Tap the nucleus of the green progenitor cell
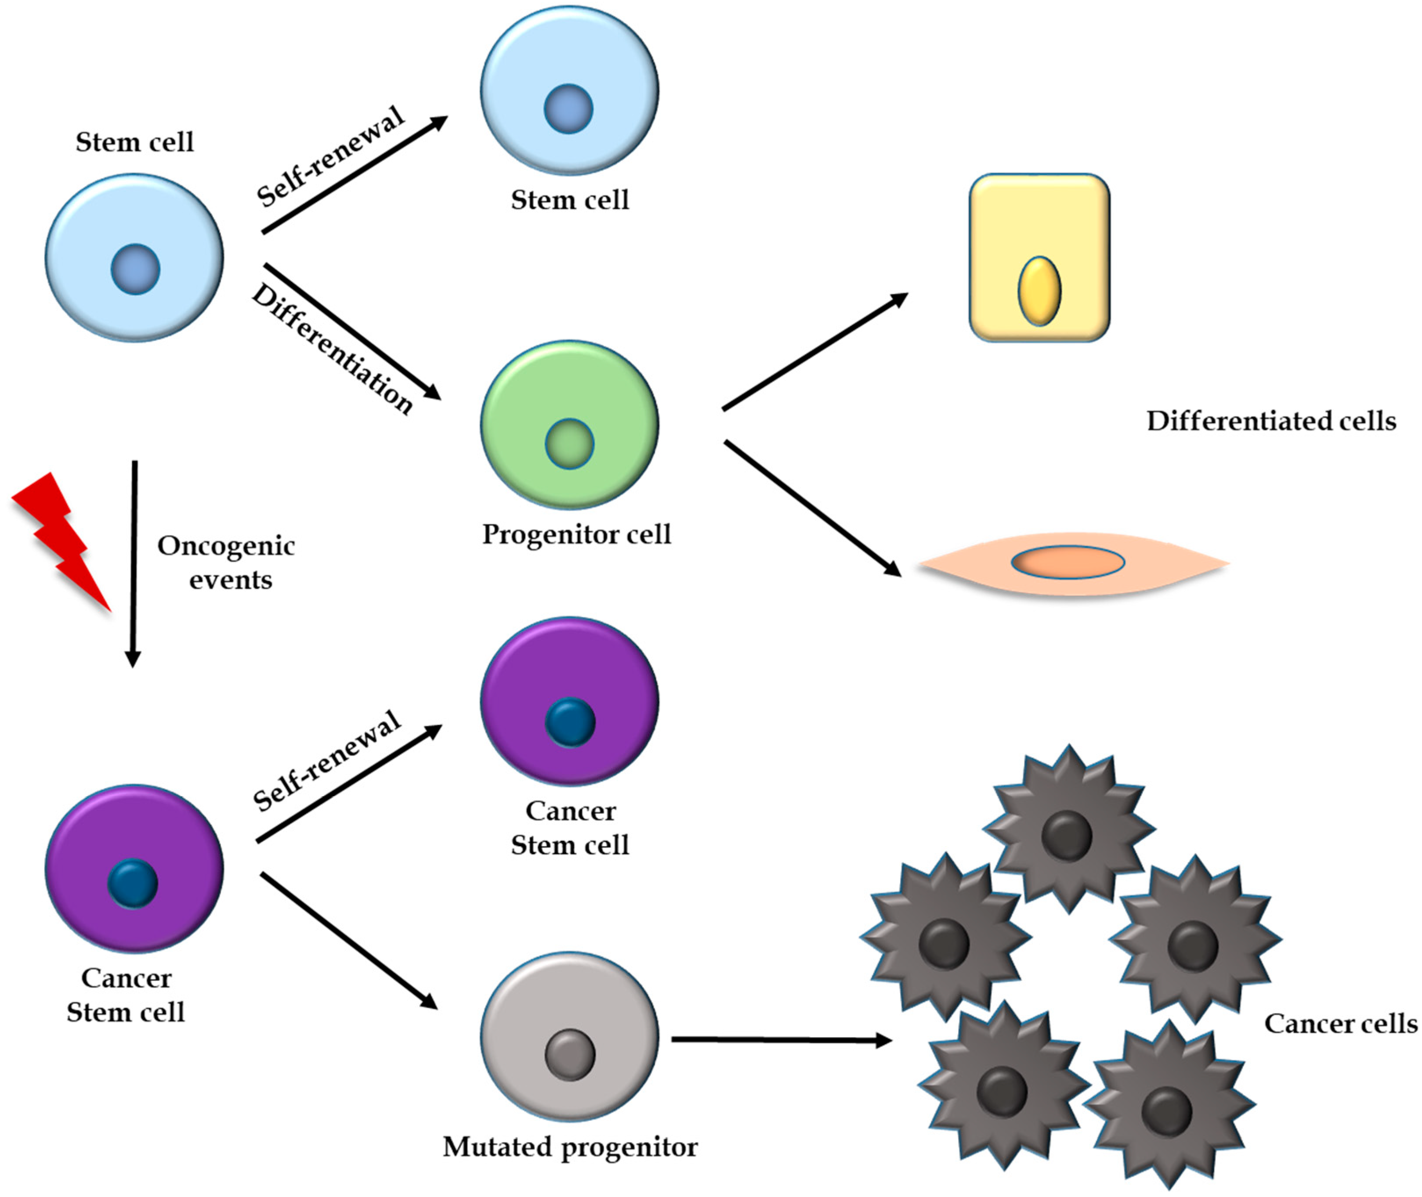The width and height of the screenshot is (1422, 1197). [x=569, y=444]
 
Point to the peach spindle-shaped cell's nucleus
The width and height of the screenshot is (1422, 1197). [x=1067, y=562]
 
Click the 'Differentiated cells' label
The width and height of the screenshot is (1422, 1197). [x=1270, y=422]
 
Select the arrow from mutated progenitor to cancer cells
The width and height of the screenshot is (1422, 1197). [x=781, y=1039]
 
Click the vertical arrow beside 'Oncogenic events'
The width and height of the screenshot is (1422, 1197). [x=134, y=563]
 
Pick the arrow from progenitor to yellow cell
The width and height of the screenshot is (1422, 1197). [x=814, y=351]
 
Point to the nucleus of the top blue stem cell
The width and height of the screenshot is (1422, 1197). [x=568, y=108]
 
